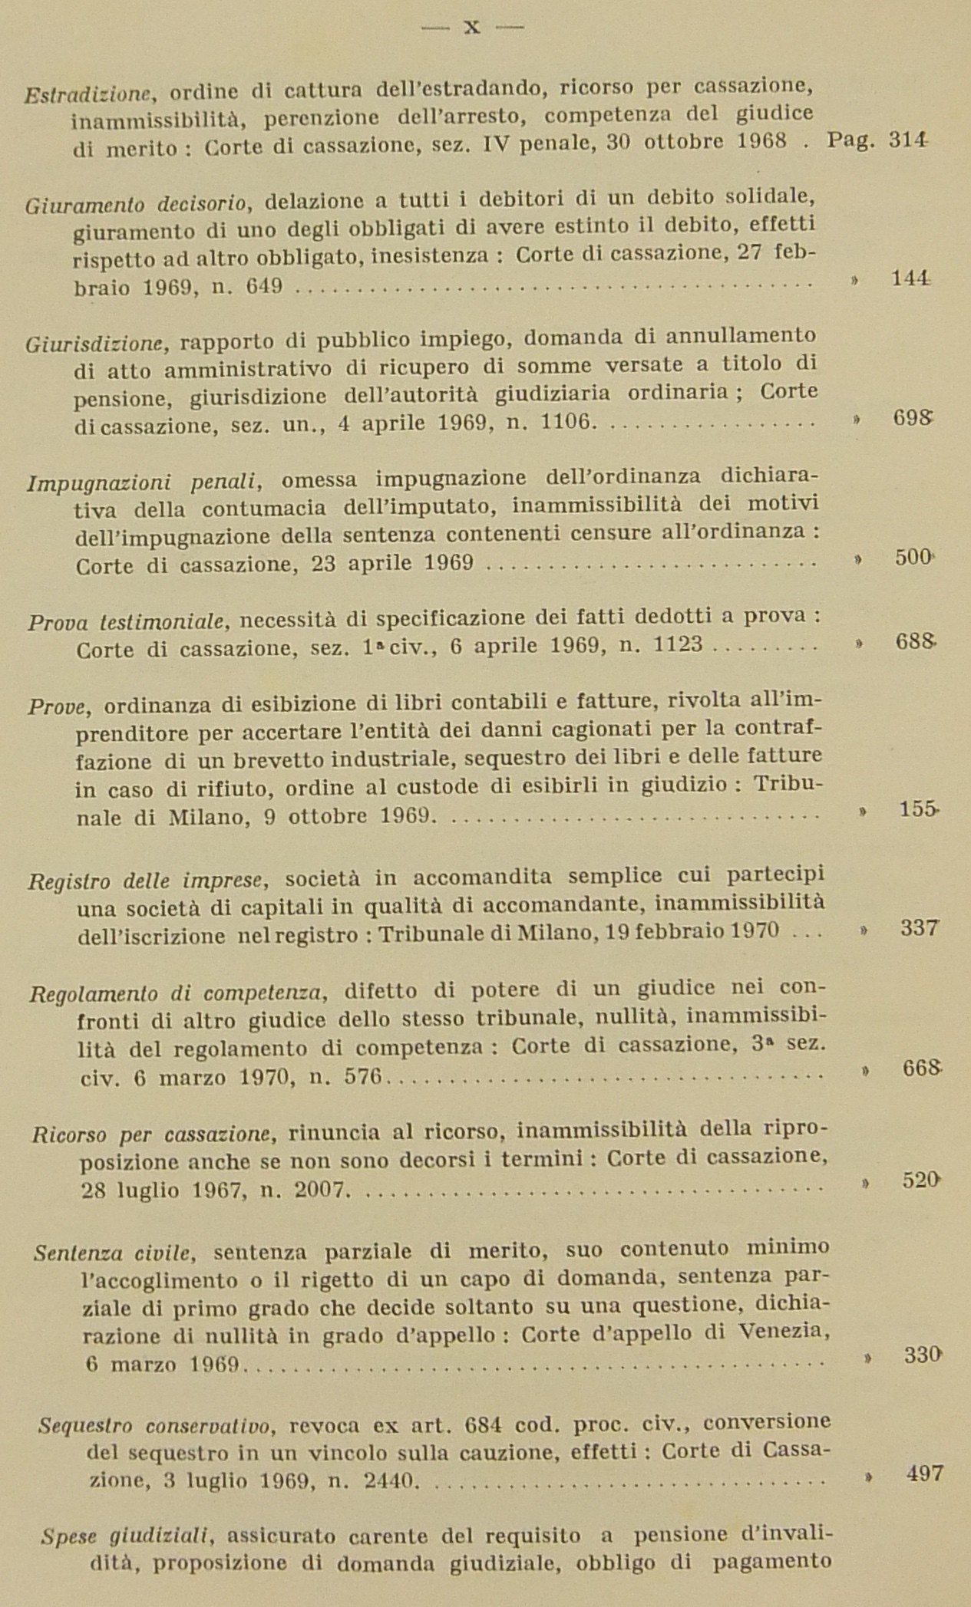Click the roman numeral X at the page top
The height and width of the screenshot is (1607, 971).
(x=472, y=28)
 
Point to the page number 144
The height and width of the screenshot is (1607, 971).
(x=911, y=279)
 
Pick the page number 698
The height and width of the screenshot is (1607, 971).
(x=913, y=418)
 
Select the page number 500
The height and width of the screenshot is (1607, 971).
(x=913, y=558)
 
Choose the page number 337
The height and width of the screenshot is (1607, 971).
(x=919, y=929)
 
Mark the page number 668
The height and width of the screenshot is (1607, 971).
(x=921, y=1069)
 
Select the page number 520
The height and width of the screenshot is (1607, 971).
(x=921, y=1180)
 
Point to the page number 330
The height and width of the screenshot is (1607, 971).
(x=923, y=1355)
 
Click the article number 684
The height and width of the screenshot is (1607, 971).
(x=483, y=1424)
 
